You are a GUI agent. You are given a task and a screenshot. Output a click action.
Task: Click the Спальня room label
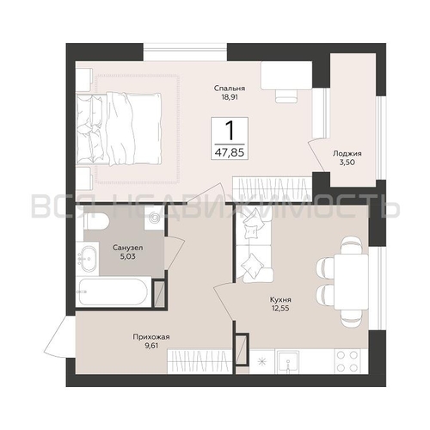pyautogui.click(x=230, y=89)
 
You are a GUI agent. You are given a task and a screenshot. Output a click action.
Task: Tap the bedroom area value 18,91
pyautogui.click(x=230, y=97)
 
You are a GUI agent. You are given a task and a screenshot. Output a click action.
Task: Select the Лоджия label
pyautogui.click(x=347, y=153)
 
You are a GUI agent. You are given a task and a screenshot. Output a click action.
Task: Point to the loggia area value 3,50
pyautogui.click(x=347, y=163)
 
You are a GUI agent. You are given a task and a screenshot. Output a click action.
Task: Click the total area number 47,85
pyautogui.click(x=230, y=152)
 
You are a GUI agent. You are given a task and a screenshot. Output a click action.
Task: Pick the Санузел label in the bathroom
pyautogui.click(x=128, y=248)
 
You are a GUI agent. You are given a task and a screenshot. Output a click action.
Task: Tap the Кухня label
pyautogui.click(x=280, y=300)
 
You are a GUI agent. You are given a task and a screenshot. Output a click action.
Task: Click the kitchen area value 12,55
pyautogui.click(x=280, y=309)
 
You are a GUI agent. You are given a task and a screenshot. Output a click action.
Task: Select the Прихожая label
pyautogui.click(x=151, y=337)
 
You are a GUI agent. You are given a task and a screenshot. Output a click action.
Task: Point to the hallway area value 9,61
pyautogui.click(x=151, y=346)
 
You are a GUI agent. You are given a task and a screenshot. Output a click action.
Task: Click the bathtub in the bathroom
pyautogui.click(x=114, y=292)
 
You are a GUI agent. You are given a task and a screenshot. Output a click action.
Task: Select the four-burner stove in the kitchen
pyautogui.click(x=347, y=361)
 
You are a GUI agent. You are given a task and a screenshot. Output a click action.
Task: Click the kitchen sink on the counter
pyautogui.click(x=287, y=362)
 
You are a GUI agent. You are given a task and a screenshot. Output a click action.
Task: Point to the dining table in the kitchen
pyautogui.click(x=351, y=282)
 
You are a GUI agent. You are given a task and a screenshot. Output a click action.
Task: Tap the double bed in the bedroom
pyautogui.click(x=119, y=129)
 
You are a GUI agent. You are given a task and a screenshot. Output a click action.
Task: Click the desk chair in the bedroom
pyautogui.click(x=286, y=95)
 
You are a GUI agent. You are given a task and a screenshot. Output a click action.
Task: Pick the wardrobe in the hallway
pyautogui.click(x=200, y=361)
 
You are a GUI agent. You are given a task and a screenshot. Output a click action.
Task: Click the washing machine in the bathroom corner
pyautogui.click(x=155, y=218)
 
